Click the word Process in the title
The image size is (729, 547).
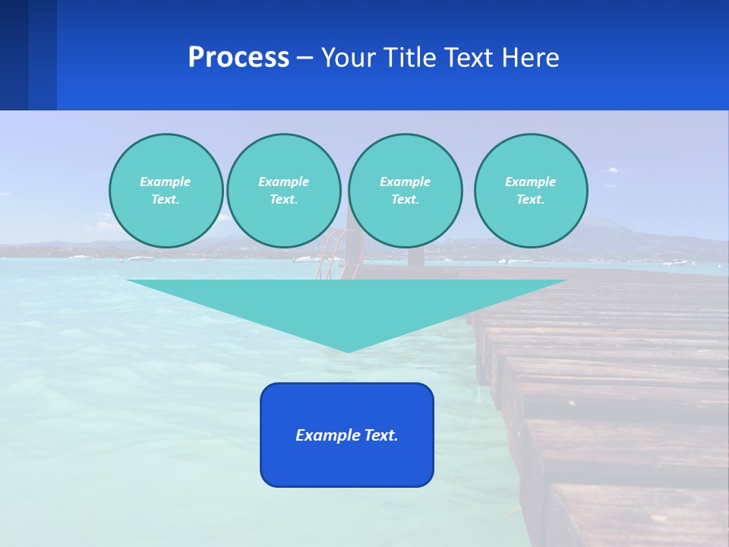pos(238,58)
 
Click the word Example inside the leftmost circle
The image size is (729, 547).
pos(166,182)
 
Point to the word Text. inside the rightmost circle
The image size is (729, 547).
pos(531,199)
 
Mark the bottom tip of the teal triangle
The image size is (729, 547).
pos(348,351)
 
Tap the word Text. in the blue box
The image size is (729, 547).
pos(380,435)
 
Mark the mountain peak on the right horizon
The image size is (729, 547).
pos(600,221)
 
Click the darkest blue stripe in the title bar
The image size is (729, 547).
pos(14,55)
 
